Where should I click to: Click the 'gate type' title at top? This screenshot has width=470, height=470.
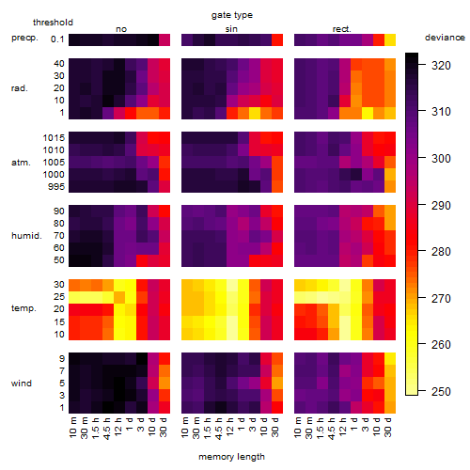click(x=232, y=15)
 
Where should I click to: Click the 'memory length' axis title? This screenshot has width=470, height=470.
click(x=231, y=457)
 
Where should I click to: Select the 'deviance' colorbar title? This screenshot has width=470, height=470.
click(x=445, y=38)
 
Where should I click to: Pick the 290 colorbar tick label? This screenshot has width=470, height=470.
click(x=441, y=205)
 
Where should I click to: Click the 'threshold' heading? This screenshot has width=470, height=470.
click(x=53, y=23)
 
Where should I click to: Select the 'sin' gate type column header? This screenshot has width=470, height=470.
click(x=231, y=29)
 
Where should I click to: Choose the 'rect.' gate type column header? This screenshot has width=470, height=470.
click(x=342, y=29)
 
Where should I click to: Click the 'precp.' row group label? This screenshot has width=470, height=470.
click(x=24, y=39)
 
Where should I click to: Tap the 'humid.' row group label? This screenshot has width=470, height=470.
click(x=26, y=236)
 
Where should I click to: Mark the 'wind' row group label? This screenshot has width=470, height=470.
click(x=22, y=384)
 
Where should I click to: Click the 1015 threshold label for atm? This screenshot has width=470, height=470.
click(x=54, y=138)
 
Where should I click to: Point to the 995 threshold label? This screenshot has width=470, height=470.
click(x=56, y=187)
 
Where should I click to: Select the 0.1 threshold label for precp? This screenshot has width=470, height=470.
click(x=57, y=39)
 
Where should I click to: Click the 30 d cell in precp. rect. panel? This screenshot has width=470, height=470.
click(x=390, y=39)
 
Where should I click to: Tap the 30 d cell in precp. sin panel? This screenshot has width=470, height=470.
click(x=277, y=39)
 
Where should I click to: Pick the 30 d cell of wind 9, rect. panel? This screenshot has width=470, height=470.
click(x=390, y=358)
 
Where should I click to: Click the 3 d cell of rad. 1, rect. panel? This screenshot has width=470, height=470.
click(x=368, y=113)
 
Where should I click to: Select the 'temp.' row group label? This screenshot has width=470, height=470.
click(x=23, y=308)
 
